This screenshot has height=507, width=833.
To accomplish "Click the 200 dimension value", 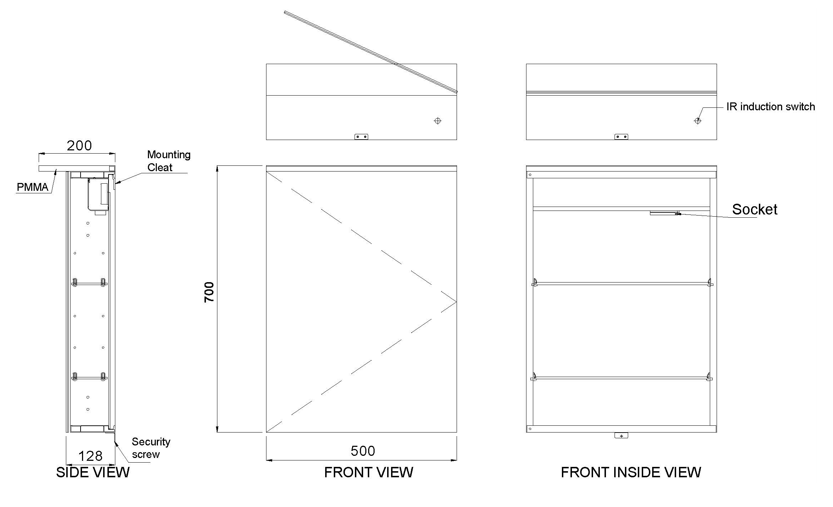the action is [x=79, y=145].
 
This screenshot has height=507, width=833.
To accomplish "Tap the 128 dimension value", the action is [x=90, y=456].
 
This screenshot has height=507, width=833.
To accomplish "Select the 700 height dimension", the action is [x=209, y=292].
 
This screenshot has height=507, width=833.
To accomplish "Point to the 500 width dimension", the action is [x=363, y=451].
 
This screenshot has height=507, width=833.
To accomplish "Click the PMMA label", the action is [x=32, y=187].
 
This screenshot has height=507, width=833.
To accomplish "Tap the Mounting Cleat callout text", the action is [x=169, y=161].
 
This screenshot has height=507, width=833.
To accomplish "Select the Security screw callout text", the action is [x=151, y=448].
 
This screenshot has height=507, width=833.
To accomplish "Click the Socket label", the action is [x=755, y=209].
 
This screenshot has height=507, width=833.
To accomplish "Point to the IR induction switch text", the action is [x=771, y=107].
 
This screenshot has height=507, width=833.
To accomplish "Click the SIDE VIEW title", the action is [x=93, y=472].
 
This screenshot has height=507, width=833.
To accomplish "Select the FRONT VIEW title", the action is [x=369, y=472].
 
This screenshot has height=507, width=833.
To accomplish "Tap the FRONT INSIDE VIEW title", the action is [x=631, y=472].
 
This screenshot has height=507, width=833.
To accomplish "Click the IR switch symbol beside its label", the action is [x=697, y=121].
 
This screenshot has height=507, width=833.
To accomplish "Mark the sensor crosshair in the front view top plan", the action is [x=437, y=121].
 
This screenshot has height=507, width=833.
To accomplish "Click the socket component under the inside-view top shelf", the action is [x=665, y=213].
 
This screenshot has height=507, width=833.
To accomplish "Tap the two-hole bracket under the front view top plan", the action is [x=361, y=137].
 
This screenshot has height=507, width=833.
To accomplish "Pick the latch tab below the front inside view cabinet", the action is [x=621, y=435].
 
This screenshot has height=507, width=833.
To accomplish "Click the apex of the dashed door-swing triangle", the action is [x=457, y=302].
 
